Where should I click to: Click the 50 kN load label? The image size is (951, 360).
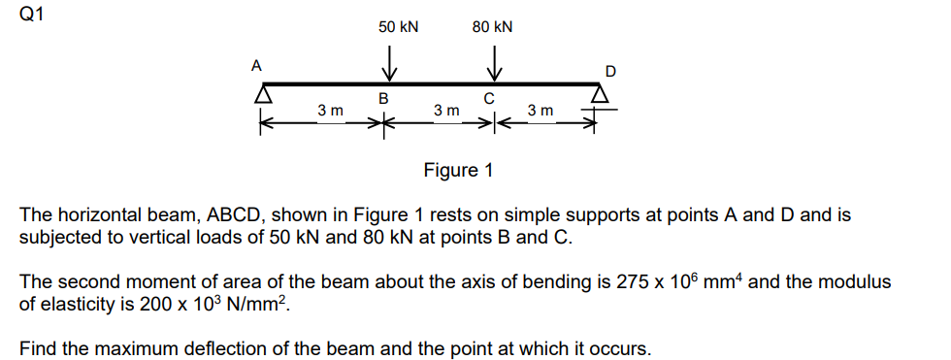click(398, 27)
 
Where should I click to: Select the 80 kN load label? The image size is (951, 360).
click(492, 27)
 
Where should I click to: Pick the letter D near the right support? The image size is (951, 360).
click(609, 71)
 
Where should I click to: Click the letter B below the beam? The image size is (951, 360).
click(383, 98)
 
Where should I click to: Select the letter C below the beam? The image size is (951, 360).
click(489, 98)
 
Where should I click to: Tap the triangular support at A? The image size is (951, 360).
click(261, 95)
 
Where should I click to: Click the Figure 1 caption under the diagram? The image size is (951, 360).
click(458, 171)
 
